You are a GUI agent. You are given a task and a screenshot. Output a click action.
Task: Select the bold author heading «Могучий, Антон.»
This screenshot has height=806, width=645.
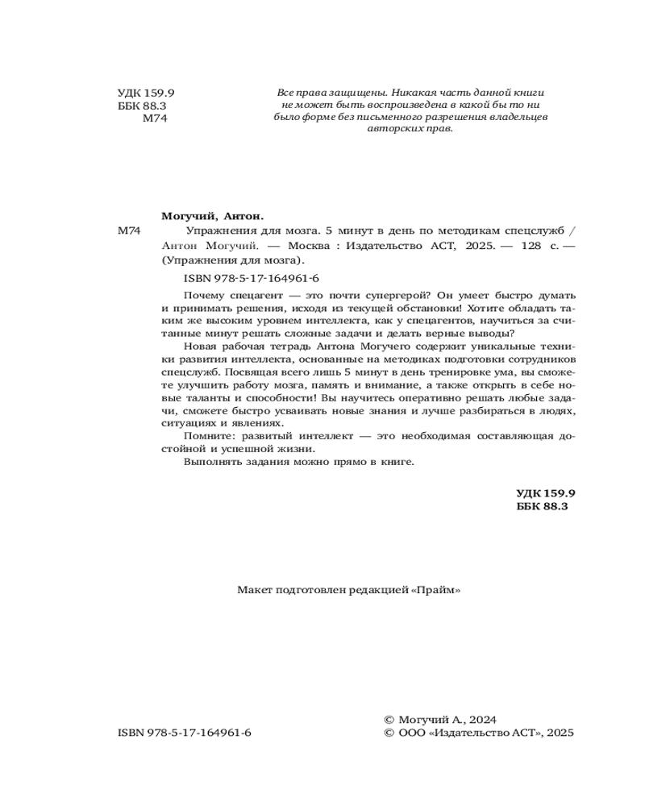[213, 217]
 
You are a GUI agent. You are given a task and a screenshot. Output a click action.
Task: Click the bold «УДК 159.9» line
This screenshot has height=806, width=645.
[543, 492]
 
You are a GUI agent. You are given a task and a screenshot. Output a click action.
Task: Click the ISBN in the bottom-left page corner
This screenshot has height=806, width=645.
[185, 733]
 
